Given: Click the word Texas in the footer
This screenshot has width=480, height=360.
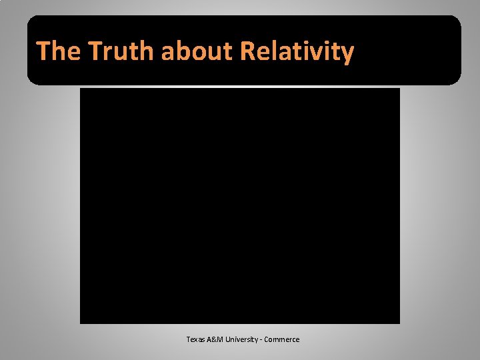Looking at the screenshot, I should [197, 339].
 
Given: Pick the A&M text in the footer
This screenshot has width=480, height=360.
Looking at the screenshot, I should [219, 339].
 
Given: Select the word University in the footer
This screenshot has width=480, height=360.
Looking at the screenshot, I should [245, 339].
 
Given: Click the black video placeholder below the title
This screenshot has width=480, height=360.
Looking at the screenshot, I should [240, 205].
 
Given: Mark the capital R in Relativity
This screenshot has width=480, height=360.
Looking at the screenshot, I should [247, 51].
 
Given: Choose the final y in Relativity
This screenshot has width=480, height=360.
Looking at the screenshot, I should [347, 53].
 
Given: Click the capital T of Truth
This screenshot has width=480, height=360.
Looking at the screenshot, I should [95, 51].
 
